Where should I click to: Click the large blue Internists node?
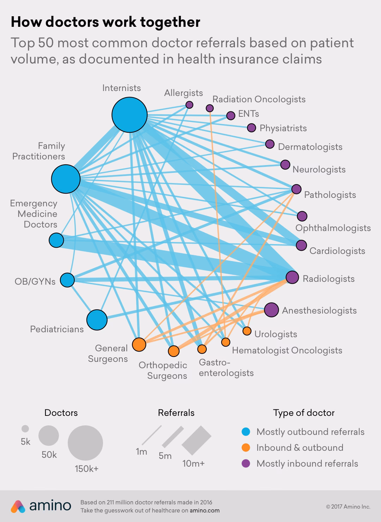tap(129, 115)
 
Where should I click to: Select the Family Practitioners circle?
tap(66, 179)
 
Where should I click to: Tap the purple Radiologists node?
tap(292, 277)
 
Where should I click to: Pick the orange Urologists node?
tap(247, 331)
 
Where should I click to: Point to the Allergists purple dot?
tap(189, 105)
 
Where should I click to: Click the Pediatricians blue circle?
tap(97, 320)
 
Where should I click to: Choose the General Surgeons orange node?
tap(139, 345)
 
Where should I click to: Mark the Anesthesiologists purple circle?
tap(271, 310)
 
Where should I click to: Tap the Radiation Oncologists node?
tap(210, 108)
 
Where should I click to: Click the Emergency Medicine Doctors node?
tap(56, 240)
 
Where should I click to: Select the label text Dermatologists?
tap(310, 147)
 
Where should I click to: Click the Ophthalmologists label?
tap(333, 228)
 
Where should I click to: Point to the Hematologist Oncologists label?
tap(287, 351)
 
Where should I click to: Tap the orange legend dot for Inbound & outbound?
tap(246, 448)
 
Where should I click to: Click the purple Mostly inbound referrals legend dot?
tap(246, 463)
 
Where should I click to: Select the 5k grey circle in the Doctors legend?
tap(25, 429)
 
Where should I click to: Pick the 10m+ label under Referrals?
tap(193, 463)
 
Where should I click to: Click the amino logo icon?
tap(18, 506)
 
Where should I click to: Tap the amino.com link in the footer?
tap(205, 510)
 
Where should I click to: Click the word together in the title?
tap(170, 22)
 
